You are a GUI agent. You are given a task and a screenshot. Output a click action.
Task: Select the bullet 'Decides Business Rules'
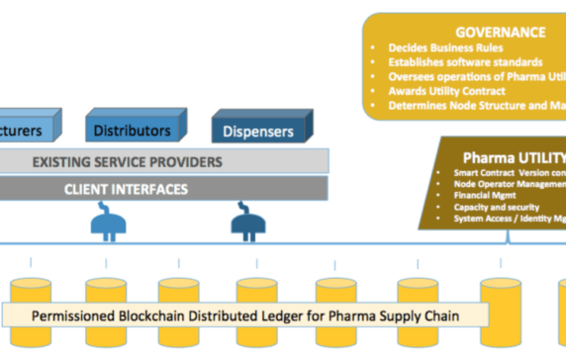pyautogui.click(x=446, y=47)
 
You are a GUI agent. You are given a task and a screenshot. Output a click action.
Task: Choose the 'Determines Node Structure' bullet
pyautogui.click(x=476, y=105)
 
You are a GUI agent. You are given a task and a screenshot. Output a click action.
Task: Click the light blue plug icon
pyautogui.click(x=107, y=222)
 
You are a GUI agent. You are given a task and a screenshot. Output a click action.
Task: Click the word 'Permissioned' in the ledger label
pyautogui.click(x=78, y=316)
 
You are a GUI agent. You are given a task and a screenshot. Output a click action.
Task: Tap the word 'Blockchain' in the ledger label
pyautogui.click(x=162, y=316)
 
